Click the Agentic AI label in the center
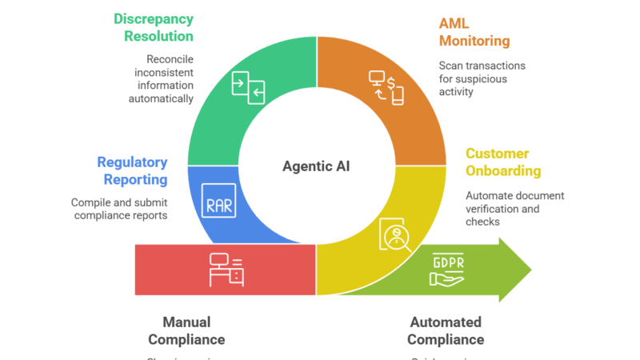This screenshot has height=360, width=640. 316,166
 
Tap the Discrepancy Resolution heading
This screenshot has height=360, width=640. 154,26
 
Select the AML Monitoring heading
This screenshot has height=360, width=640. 474,33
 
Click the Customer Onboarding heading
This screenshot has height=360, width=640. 503,162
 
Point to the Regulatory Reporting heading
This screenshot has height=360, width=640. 132,170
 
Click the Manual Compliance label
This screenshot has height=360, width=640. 186,330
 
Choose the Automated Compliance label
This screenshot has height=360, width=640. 446,330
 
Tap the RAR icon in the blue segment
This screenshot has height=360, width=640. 219,205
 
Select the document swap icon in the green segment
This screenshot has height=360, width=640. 248,86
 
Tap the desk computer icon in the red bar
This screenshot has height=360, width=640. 226,270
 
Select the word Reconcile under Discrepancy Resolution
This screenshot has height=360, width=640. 170,59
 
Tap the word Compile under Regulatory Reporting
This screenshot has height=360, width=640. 90,202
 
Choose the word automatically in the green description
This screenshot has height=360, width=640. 161,98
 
